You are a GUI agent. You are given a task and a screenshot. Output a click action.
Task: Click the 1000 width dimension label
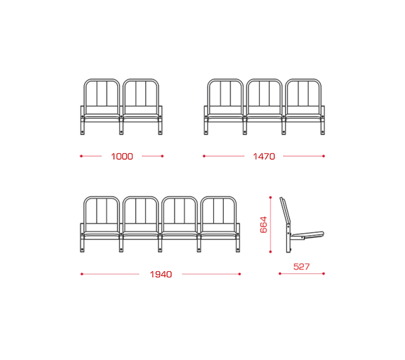[122, 157]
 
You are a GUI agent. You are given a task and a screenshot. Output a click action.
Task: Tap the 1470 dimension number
[264, 157]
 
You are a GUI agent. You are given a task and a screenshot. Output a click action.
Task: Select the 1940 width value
[161, 274]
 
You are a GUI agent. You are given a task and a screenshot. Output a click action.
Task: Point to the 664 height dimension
[264, 225]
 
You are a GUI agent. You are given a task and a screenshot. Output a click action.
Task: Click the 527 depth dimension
[302, 267]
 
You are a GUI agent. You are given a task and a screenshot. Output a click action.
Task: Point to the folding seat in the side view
[307, 235]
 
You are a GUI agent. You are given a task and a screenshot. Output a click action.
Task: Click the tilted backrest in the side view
[285, 211]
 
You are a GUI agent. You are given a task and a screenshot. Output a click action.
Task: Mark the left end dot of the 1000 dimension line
[81, 156]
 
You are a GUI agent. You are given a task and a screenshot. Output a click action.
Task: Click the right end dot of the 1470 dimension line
[324, 156]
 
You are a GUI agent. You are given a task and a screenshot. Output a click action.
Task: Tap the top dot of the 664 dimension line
[270, 197]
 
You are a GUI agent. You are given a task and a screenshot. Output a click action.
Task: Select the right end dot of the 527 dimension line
[324, 273]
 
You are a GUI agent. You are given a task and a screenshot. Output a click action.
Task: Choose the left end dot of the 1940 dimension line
[82, 274]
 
